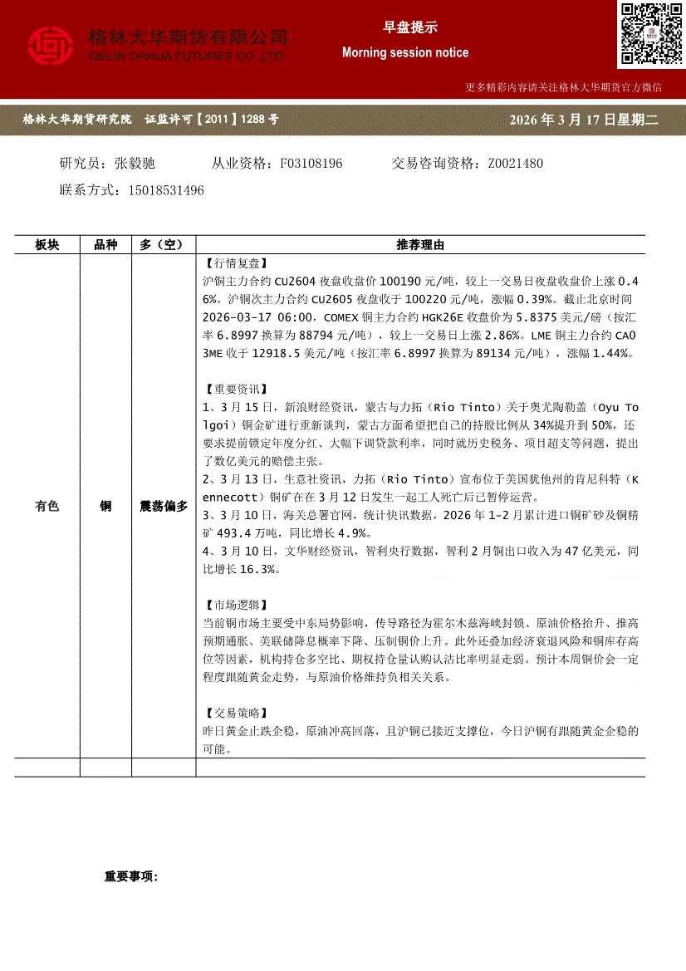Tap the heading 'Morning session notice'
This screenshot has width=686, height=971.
(x=405, y=52)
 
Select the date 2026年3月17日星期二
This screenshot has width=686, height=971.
(x=586, y=120)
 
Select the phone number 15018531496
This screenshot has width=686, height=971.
(x=166, y=190)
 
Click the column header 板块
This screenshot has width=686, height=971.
(x=47, y=245)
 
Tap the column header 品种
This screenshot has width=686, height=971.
(x=105, y=245)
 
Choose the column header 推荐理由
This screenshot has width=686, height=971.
(x=420, y=245)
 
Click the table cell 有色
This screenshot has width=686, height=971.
(x=47, y=506)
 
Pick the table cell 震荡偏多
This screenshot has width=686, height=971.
(x=164, y=506)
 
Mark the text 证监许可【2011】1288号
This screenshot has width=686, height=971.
(x=212, y=120)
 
